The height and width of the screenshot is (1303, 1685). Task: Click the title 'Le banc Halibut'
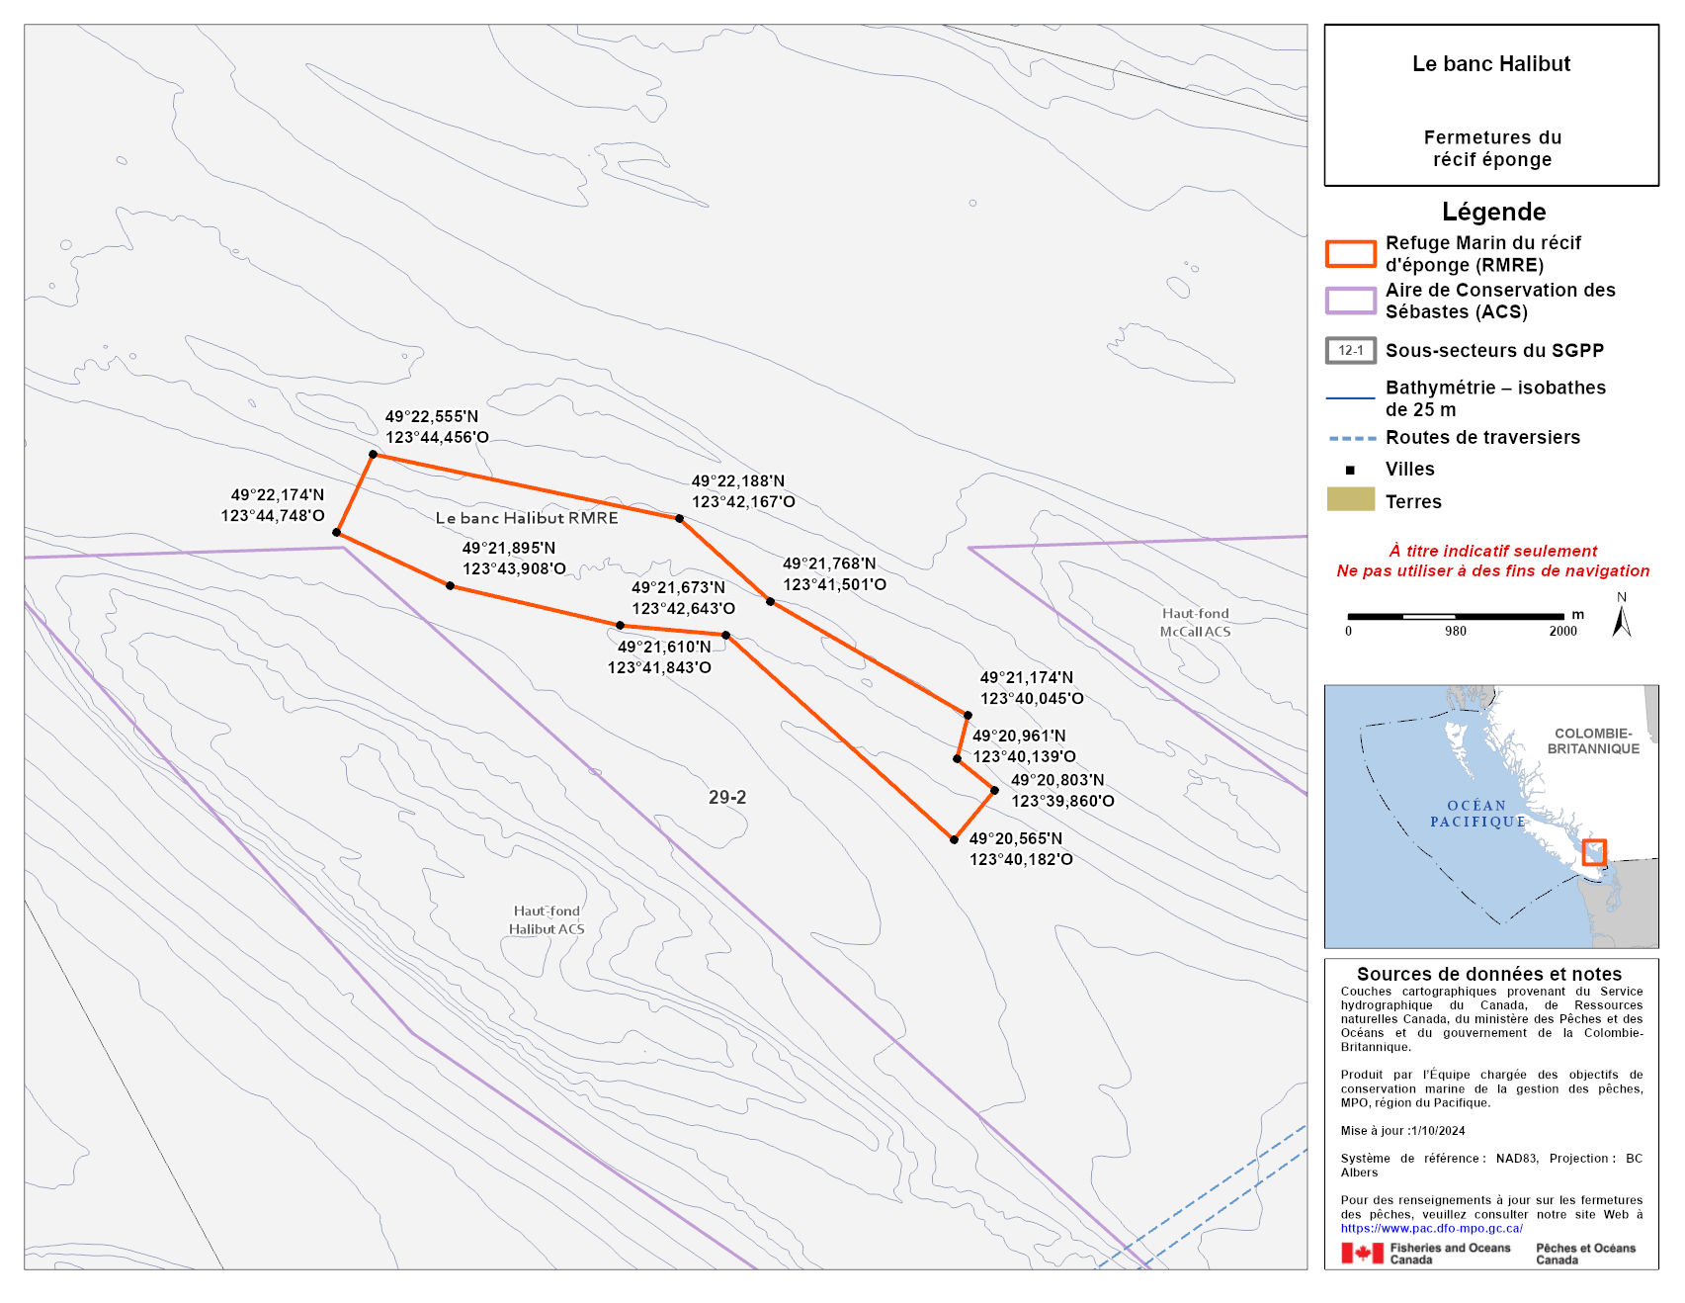[x=1490, y=64]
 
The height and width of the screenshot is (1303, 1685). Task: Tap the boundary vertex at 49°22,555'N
[x=373, y=455]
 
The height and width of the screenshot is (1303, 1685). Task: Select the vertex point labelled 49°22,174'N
[x=336, y=532]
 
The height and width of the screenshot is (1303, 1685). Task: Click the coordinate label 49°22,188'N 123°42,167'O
[x=742, y=491]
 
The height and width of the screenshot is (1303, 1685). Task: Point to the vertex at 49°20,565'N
[x=954, y=839]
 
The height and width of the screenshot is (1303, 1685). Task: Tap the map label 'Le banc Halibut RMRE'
[x=526, y=518]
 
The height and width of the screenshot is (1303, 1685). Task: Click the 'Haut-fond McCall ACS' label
[x=1195, y=623]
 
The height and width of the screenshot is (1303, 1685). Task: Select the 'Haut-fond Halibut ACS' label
[x=547, y=920]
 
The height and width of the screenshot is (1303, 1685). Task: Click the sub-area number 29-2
[x=727, y=797]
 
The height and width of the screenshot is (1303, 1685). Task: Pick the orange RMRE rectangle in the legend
[x=1350, y=254]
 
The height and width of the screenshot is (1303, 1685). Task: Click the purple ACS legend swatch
[x=1350, y=301]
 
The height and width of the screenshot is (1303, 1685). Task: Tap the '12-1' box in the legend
[x=1350, y=350]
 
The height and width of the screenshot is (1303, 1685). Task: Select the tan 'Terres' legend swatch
[x=1350, y=499]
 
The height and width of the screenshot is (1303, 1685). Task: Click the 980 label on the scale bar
[x=1455, y=631]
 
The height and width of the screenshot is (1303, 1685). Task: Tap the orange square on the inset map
[x=1593, y=851]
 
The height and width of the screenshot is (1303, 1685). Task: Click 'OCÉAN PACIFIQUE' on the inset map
[x=1477, y=814]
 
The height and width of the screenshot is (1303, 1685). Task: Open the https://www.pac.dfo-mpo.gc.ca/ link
[x=1431, y=1228]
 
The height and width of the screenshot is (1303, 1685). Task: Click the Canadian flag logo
[x=1362, y=1254]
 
